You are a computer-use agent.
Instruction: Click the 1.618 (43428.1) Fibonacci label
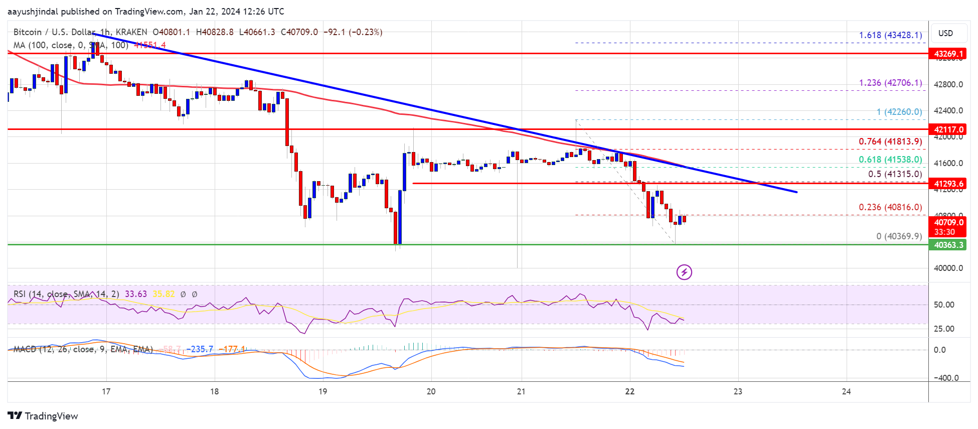(890, 35)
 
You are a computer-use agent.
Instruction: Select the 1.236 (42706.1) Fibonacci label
(890, 83)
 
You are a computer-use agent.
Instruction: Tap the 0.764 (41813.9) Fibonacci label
(890, 141)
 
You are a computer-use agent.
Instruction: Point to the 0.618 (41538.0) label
(890, 160)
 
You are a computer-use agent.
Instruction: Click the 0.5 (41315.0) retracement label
(895, 174)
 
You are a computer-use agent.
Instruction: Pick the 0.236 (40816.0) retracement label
(890, 207)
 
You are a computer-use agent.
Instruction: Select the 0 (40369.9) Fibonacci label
(899, 236)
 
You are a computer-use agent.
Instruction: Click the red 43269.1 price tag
(948, 54)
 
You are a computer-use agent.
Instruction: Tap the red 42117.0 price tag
(948, 129)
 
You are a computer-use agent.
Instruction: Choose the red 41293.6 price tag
(948, 184)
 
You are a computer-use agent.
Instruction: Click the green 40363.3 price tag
(948, 245)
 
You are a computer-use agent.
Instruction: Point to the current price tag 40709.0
(948, 222)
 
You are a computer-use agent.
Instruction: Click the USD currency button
(945, 33)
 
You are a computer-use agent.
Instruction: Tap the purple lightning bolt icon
(684, 272)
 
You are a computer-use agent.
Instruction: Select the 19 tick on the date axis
(322, 391)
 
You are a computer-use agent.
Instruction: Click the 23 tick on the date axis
(738, 391)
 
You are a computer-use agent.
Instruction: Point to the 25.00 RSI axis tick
(944, 329)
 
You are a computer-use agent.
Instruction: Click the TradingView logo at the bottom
(43, 416)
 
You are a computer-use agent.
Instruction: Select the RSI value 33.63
(135, 294)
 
